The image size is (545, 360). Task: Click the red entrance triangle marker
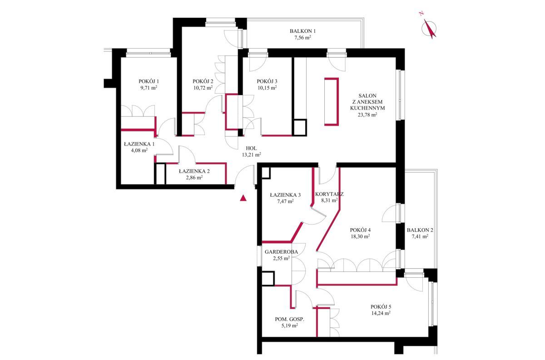243,198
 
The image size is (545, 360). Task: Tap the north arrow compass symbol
429,29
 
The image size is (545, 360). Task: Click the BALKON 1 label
302,31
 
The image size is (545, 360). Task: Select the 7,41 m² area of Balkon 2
420,236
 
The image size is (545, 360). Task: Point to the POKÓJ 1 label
149,81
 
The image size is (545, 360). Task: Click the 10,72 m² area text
203,88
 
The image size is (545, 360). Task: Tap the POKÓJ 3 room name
267,81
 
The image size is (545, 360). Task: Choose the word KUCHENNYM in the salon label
367,108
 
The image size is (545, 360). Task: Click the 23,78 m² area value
367,115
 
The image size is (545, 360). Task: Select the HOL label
251,148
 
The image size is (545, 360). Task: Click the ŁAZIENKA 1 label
139,144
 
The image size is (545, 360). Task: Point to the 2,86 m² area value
194,178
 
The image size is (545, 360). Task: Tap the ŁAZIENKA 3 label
285,195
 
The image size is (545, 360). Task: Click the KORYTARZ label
329,194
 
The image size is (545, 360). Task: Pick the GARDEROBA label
281,252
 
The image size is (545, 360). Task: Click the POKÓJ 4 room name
360,230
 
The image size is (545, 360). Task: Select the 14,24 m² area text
381,313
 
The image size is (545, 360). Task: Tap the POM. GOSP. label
290,319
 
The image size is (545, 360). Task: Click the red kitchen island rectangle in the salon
332,101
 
